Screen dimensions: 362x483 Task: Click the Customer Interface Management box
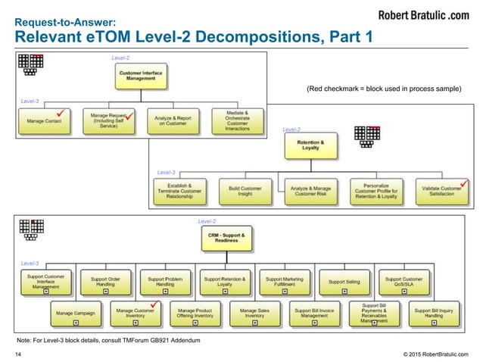[x=139, y=76]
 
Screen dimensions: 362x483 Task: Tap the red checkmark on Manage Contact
[x=67, y=114]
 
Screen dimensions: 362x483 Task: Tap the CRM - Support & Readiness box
[x=225, y=240]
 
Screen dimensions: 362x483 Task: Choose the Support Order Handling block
[x=105, y=282]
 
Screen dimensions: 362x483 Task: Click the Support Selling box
[x=344, y=282]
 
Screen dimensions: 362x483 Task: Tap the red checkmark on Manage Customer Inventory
[x=154, y=304]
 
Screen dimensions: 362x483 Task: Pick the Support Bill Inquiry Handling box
[x=433, y=314]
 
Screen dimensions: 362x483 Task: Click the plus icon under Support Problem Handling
[x=165, y=291]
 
